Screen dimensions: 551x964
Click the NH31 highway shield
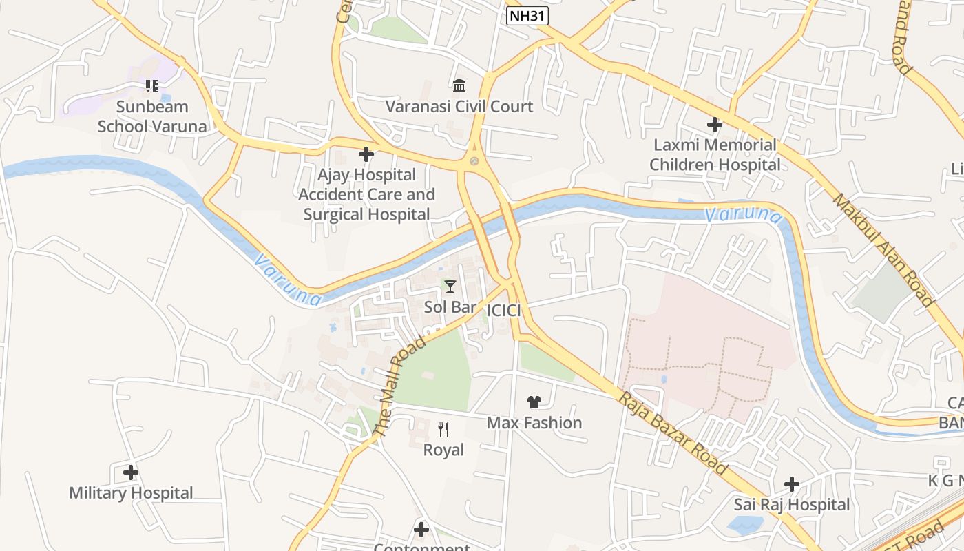click(x=527, y=16)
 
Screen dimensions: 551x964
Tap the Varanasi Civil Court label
click(x=459, y=107)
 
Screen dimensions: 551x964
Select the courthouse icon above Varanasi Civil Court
click(x=459, y=85)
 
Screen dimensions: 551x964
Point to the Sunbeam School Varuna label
click(x=151, y=116)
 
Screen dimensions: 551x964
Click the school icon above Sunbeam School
click(x=151, y=86)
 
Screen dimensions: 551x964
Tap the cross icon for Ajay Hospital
click(x=366, y=154)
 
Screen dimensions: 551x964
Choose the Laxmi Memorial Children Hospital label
click(x=715, y=155)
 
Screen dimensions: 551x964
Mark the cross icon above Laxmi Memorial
click(x=715, y=125)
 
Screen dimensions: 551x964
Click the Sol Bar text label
click(x=450, y=307)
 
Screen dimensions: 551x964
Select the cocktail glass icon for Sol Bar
click(x=450, y=286)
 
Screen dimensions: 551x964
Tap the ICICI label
click(x=503, y=311)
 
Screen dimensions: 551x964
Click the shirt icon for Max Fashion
click(x=534, y=402)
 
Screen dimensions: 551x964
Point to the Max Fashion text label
click(x=534, y=423)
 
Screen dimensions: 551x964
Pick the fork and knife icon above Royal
click(x=443, y=430)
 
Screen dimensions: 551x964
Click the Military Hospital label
click(x=131, y=493)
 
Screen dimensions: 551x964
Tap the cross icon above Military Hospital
click(x=131, y=472)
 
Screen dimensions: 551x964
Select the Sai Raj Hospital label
click(x=792, y=505)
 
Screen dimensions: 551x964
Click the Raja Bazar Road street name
click(x=673, y=434)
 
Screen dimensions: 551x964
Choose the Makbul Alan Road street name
click(x=883, y=249)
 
